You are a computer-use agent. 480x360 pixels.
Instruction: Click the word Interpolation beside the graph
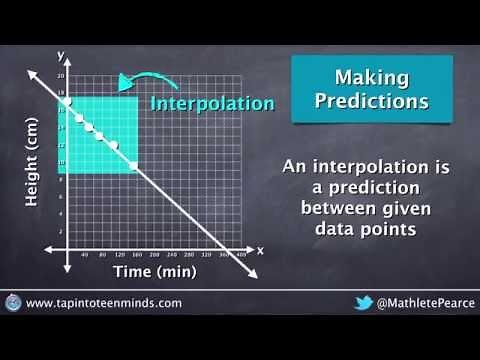tap(212, 103)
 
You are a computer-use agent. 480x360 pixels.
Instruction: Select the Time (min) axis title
tap(155, 271)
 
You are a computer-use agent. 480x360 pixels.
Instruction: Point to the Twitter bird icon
tap(363, 303)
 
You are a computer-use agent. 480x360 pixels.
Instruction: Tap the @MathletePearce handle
tap(420, 303)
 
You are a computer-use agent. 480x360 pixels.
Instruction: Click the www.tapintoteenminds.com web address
tap(104, 303)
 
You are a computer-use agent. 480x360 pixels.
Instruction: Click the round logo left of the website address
tap(13, 302)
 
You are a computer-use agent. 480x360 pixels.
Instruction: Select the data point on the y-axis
tap(67, 102)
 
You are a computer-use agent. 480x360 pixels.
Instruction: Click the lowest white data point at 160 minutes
tap(134, 165)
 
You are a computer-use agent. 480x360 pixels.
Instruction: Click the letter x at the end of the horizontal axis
tap(260, 250)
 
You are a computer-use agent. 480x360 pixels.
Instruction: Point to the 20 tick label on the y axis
tap(59, 76)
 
